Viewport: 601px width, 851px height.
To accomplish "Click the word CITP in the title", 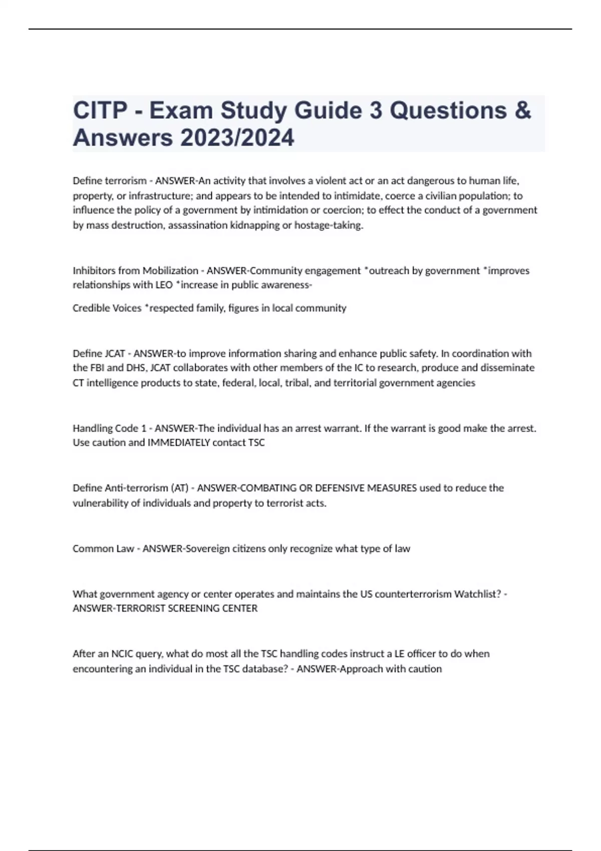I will pos(100,111).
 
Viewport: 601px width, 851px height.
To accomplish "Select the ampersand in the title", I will pos(522,111).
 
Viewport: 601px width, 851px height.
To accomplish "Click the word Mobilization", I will pos(170,271).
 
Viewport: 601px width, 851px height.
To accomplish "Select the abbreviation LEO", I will pos(164,285).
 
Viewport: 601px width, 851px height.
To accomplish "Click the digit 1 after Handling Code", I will pos(144,429).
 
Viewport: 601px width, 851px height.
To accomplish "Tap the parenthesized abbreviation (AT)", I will pos(180,488).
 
